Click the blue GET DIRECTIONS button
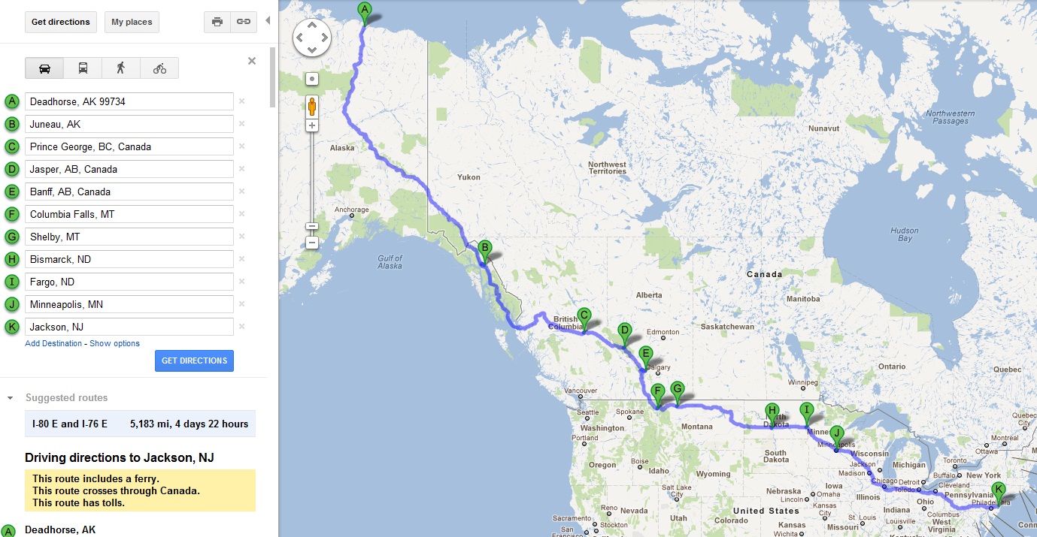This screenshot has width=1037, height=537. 194,361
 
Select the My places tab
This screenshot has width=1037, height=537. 132,22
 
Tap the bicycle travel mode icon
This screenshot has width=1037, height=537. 159,68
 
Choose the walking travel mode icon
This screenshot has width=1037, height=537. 120,68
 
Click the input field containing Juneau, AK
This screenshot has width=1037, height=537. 129,124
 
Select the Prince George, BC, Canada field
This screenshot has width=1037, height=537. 129,146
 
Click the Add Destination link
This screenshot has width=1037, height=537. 53,343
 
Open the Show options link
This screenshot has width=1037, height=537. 114,343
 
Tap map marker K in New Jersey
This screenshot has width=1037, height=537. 999,490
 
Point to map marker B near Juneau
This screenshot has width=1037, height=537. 485,248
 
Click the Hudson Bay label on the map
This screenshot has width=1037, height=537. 903,234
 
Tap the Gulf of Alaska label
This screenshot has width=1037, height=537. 390,261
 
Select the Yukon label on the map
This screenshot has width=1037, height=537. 468,177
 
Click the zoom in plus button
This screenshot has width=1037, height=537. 312,125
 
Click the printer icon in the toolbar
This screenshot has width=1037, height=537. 217,22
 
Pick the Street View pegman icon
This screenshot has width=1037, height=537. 312,107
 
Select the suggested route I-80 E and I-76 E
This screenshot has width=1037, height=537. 140,424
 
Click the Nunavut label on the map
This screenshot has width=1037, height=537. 823,128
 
